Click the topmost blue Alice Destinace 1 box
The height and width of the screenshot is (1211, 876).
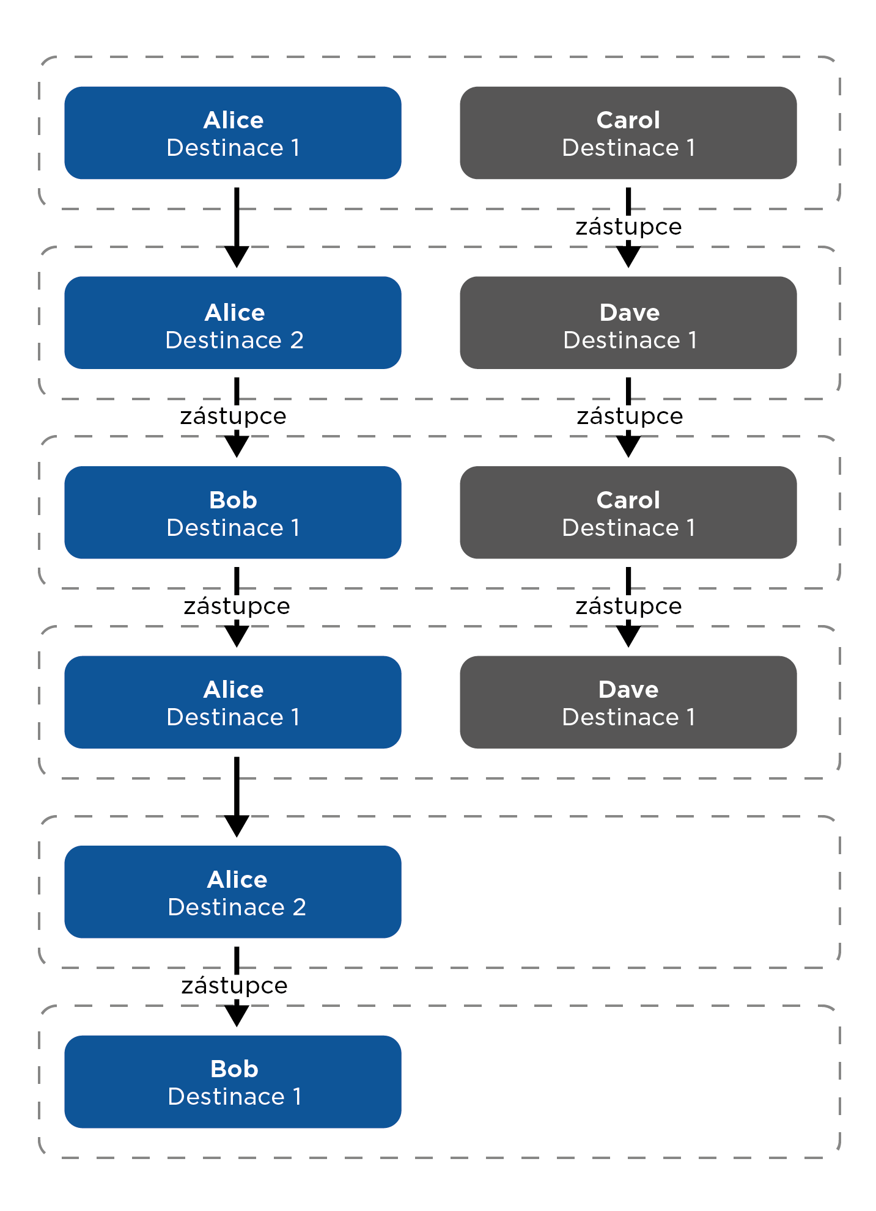(x=233, y=133)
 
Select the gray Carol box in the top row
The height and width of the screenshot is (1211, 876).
(x=628, y=133)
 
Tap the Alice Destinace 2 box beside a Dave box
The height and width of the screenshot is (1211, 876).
(x=233, y=323)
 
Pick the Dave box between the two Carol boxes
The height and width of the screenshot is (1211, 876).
(x=628, y=323)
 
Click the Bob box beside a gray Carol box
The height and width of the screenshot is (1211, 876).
(x=233, y=513)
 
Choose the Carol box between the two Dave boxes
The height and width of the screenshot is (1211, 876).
(x=628, y=513)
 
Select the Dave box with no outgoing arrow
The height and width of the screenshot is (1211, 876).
(x=628, y=702)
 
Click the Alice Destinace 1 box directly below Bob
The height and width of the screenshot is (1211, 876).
(x=233, y=702)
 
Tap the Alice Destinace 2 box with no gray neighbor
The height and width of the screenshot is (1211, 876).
(x=233, y=892)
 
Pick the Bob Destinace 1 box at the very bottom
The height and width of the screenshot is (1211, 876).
(x=233, y=1081)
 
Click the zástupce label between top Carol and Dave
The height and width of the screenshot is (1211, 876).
(x=628, y=227)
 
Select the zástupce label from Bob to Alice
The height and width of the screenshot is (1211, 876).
(x=237, y=607)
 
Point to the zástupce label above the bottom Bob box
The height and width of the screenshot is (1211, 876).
(x=234, y=986)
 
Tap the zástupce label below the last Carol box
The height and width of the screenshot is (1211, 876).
(x=628, y=607)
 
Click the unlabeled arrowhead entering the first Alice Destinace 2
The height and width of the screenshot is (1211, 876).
(x=237, y=257)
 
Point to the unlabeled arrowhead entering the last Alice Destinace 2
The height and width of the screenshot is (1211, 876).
(x=237, y=826)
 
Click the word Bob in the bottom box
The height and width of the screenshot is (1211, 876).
(x=234, y=1069)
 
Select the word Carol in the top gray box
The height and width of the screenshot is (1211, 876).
(x=628, y=120)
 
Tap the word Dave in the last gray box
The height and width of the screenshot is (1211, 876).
(x=628, y=690)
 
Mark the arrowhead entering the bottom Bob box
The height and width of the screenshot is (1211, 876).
(x=237, y=1016)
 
